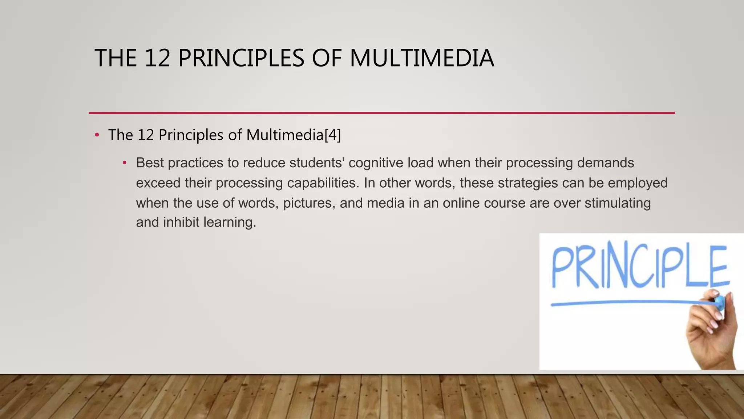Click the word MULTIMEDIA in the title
pyautogui.click(x=421, y=58)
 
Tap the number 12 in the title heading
pyautogui.click(x=157, y=58)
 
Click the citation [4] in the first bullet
pyautogui.click(x=333, y=135)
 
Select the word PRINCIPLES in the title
pyautogui.click(x=241, y=58)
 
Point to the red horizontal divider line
pyautogui.click(x=381, y=113)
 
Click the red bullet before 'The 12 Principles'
pyautogui.click(x=97, y=135)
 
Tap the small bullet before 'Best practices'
pyautogui.click(x=125, y=163)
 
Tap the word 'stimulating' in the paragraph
pyautogui.click(x=617, y=203)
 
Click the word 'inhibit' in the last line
pyautogui.click(x=181, y=222)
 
